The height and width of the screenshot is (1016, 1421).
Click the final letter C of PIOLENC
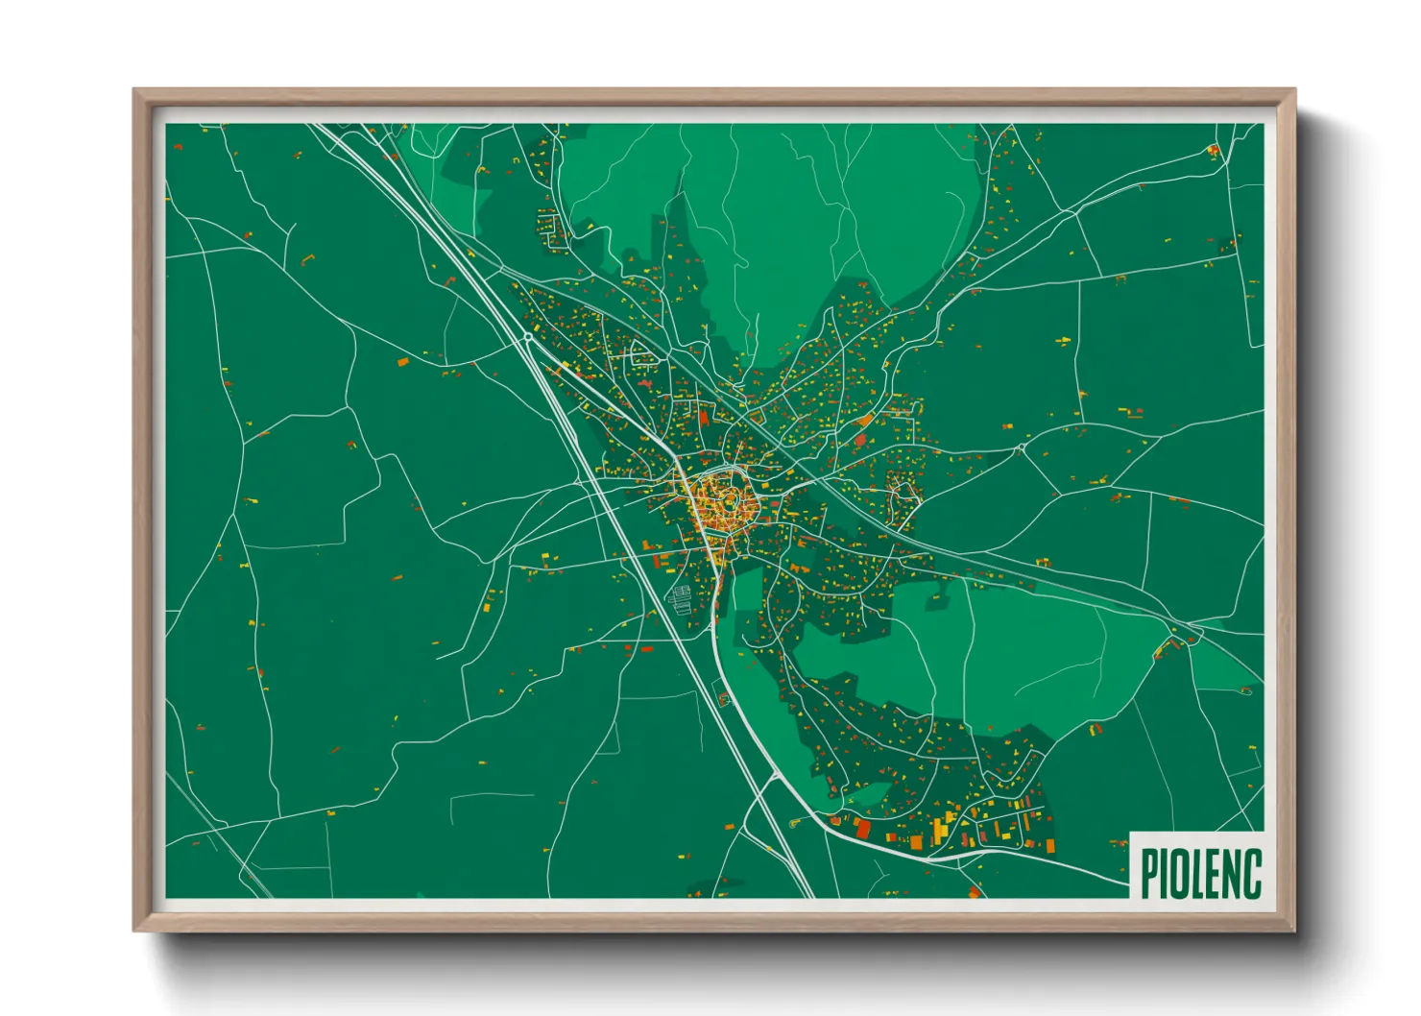1253,873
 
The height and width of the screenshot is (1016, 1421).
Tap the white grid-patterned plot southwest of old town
681,597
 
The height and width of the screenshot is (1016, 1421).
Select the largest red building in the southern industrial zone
862,828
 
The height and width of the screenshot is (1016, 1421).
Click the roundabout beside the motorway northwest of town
527,338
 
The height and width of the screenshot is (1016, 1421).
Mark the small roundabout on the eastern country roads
1021,448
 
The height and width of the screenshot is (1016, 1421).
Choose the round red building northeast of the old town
859,440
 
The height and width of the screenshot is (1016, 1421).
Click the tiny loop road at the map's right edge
1247,689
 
